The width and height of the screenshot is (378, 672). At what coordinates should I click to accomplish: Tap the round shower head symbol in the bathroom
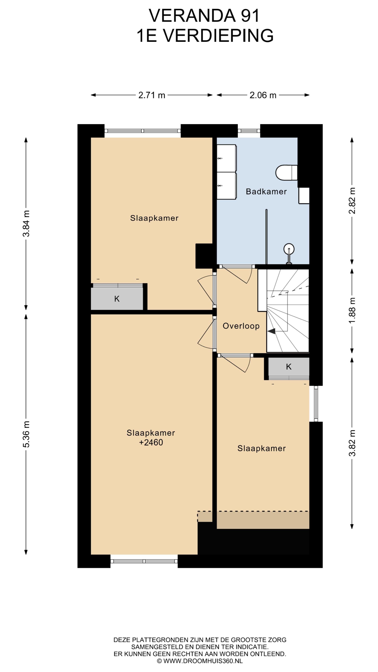coord(289,249)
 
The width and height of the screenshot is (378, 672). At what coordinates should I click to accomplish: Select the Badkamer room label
coord(266,192)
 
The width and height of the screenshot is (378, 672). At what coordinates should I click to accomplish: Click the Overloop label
coord(241,326)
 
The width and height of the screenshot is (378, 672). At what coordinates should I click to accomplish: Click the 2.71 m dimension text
coord(151,95)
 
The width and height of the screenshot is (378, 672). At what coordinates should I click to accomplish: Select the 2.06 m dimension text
coord(263,95)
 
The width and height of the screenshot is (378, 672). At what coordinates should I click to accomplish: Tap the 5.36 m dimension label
coord(26,434)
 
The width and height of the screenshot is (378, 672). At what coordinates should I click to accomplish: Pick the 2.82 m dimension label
coord(352,201)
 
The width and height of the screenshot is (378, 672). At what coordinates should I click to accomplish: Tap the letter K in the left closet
coord(117,299)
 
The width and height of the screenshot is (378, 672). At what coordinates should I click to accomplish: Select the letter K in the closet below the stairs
coord(289,367)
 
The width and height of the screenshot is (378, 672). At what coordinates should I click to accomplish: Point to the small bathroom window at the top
coord(249,131)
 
